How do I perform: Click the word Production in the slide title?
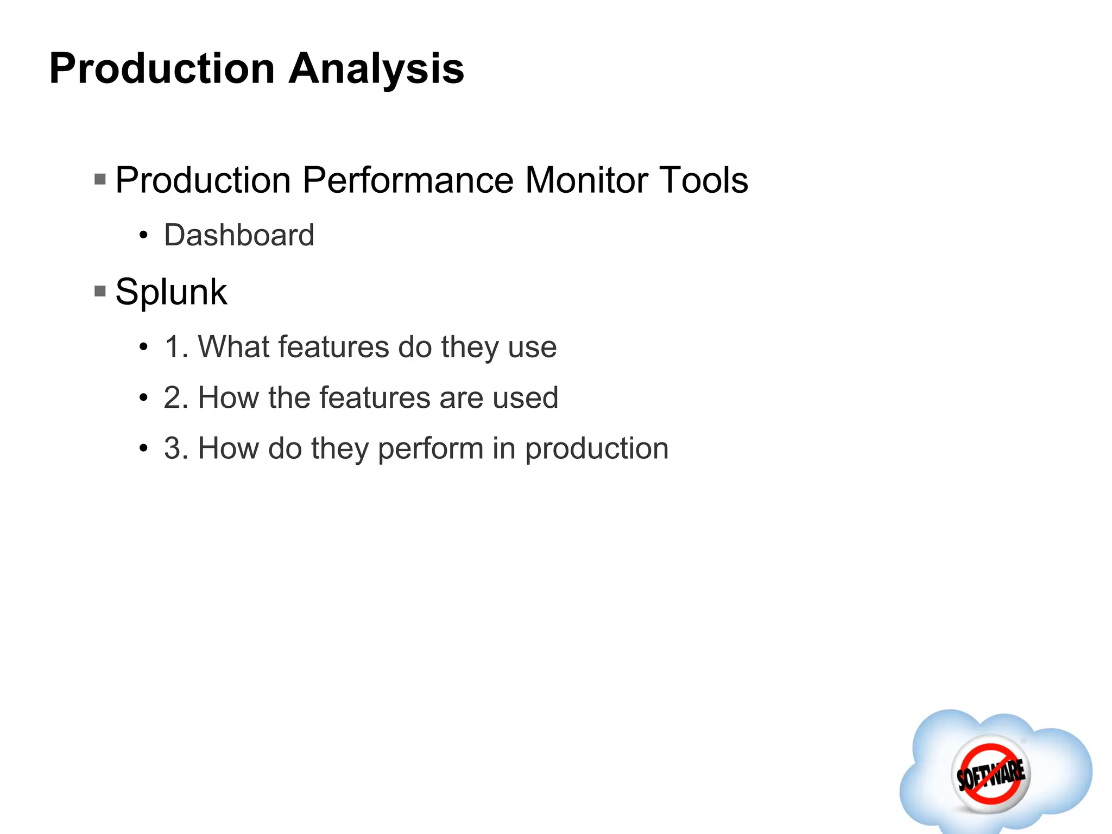point(162,69)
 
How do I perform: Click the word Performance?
point(407,180)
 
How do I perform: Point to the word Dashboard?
point(239,235)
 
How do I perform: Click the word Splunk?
point(171,292)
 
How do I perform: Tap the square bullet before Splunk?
point(100,292)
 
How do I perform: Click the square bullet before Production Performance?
point(100,179)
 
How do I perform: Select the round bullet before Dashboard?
point(143,236)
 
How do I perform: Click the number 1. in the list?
point(176,347)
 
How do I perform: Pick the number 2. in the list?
point(176,397)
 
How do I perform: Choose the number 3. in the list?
point(176,448)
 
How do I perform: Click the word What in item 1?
point(233,347)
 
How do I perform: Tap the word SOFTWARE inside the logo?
point(991,774)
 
